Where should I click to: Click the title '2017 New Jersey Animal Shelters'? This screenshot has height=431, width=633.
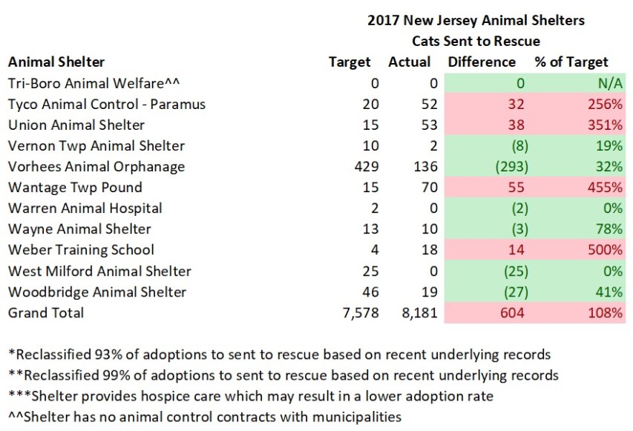point(476,21)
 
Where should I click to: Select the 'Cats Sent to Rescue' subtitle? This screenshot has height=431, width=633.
point(476,41)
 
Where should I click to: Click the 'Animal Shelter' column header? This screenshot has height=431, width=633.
point(56,62)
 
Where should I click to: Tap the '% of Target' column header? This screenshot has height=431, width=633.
point(571,62)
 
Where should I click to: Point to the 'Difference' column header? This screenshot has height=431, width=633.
point(482,62)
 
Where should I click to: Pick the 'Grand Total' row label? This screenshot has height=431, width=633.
point(46,313)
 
